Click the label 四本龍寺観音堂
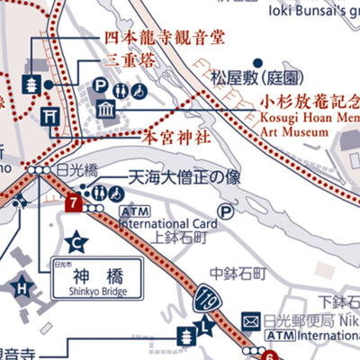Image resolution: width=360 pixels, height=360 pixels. click(x=150, y=39)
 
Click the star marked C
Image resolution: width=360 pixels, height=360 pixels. click(x=78, y=240)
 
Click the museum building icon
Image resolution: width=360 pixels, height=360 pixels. click(x=107, y=110)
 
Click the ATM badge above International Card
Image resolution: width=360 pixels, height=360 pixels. click(x=129, y=210)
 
